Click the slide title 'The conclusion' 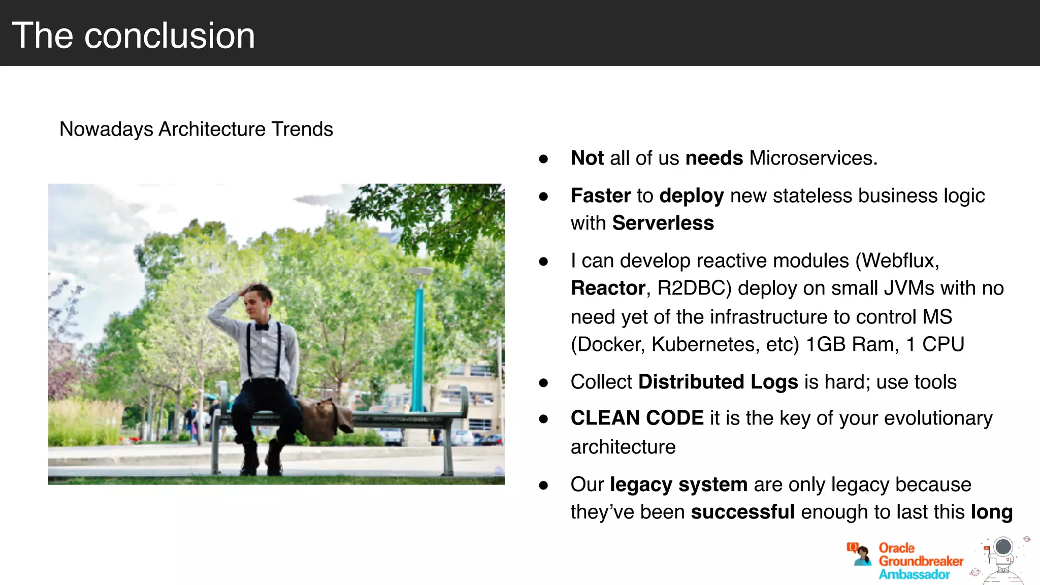pyautogui.click(x=133, y=36)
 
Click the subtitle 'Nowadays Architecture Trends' pyautogui.click(x=196, y=129)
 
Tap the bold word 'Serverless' pyautogui.click(x=663, y=223)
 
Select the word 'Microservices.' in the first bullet pyautogui.click(x=813, y=158)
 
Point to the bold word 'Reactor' pyautogui.click(x=608, y=288)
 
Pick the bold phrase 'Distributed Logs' pyautogui.click(x=718, y=382)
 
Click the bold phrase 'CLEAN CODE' pyautogui.click(x=637, y=418)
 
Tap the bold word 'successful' pyautogui.click(x=742, y=512)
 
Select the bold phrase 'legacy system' pyautogui.click(x=678, y=484)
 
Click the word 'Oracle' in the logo pyautogui.click(x=896, y=548)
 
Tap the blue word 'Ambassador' pyautogui.click(x=914, y=574)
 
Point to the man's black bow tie pyautogui.click(x=262, y=327)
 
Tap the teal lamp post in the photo pyautogui.click(x=418, y=345)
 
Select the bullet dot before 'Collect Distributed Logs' pyautogui.click(x=543, y=383)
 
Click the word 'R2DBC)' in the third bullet pyautogui.click(x=694, y=288)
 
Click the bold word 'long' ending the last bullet pyautogui.click(x=991, y=512)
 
